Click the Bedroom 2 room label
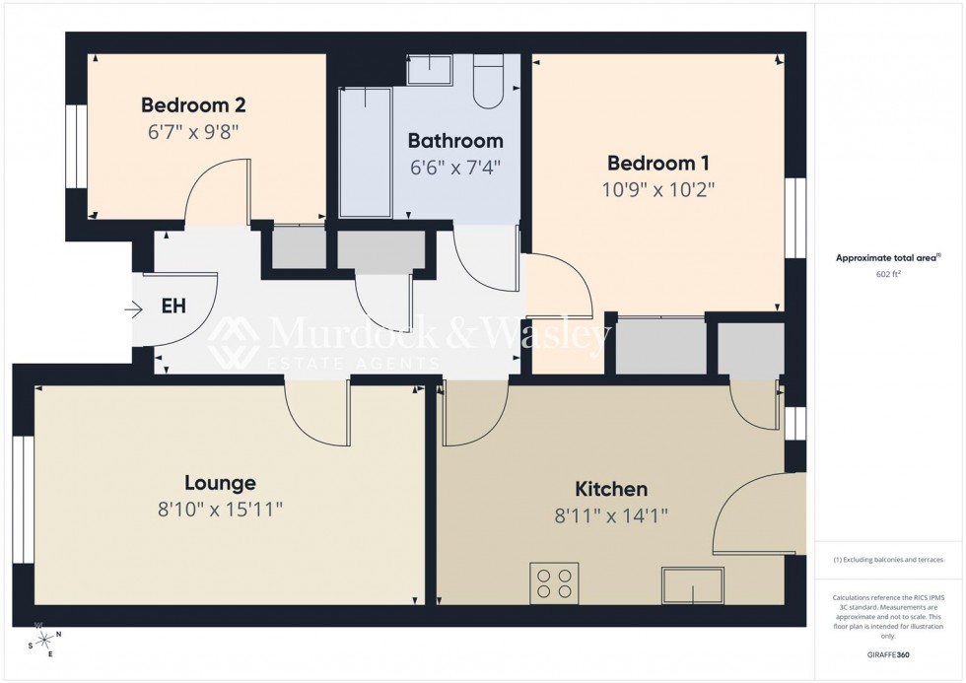pos(193,104)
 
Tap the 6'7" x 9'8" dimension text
pos(193,130)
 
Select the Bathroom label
pos(455,141)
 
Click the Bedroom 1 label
pos(657,163)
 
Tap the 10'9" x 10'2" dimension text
pos(657,189)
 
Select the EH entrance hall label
pos(173,307)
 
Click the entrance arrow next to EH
pos(134,310)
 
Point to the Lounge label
pos(220,483)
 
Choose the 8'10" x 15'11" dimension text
pos(220,510)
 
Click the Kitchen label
pos(611,489)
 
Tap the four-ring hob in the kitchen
pos(554,582)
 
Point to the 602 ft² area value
pos(884,275)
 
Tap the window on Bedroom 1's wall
pos(794,219)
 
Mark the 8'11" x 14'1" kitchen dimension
pos(611,515)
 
